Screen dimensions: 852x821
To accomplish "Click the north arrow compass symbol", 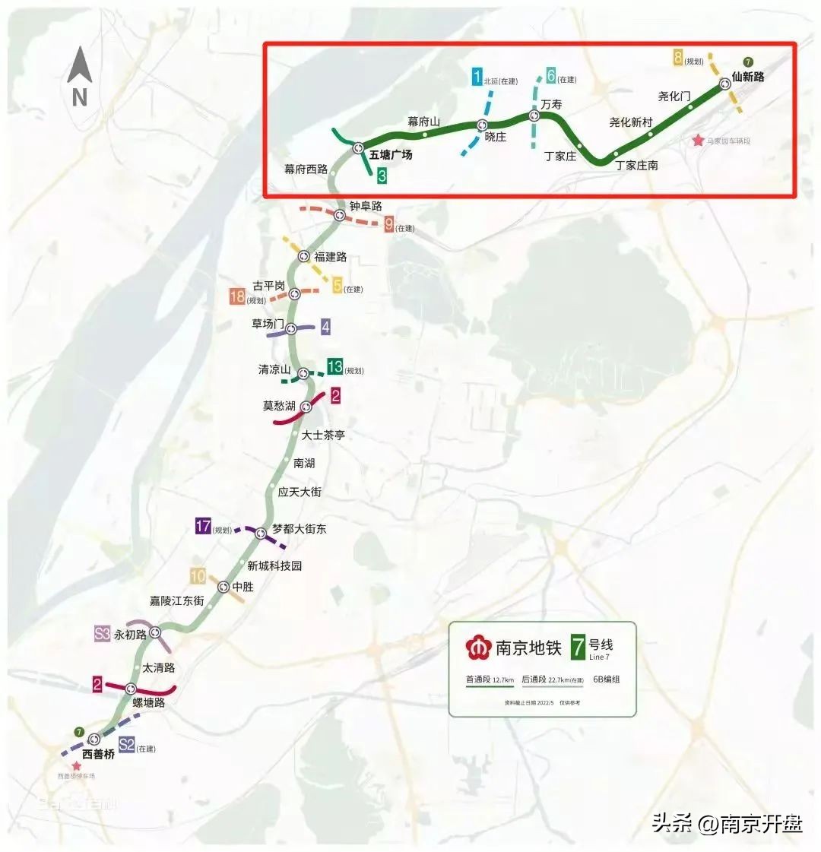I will tap(80, 74).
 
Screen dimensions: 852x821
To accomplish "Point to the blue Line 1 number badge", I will tap(477, 77).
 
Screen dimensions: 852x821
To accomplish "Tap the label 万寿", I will tap(552, 104).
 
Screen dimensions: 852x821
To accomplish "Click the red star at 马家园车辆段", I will tap(698, 141).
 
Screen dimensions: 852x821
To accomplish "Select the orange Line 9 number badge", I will tap(388, 224).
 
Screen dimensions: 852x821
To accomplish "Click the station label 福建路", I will tap(331, 257).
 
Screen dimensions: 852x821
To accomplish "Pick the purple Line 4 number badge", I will tap(325, 328).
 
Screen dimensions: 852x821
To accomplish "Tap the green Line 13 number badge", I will tap(334, 367).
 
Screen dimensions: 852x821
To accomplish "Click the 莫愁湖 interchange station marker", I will tap(307, 406).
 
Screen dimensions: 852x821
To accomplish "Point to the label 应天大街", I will tap(300, 492).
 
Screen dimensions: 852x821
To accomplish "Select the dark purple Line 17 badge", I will tap(203, 526).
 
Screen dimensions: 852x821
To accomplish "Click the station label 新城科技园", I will tap(274, 565).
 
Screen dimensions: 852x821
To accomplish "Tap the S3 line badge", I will tap(103, 634).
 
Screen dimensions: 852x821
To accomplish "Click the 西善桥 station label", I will tap(98, 755).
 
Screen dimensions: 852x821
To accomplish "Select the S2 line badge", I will tap(127, 746).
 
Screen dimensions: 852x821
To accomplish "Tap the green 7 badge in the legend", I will tap(579, 647).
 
